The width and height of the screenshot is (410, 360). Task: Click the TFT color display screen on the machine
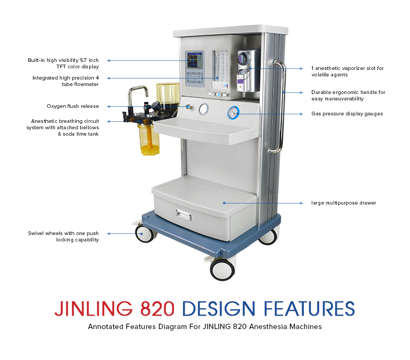(195, 60)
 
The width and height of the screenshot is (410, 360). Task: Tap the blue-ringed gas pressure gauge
(233, 113)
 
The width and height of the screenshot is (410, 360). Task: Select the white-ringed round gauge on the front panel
(204, 109)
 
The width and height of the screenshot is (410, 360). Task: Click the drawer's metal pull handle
(184, 215)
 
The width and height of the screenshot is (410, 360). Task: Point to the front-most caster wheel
(223, 270)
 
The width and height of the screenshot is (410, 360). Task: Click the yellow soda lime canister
(148, 139)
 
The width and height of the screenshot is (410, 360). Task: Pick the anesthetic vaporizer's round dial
(243, 57)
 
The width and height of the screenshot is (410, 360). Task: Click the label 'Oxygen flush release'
(73, 106)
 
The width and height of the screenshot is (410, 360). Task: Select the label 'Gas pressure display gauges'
(347, 114)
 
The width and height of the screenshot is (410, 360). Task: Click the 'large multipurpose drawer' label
(344, 203)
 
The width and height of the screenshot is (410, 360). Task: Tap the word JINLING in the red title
(93, 309)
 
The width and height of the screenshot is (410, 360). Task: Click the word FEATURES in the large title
(309, 309)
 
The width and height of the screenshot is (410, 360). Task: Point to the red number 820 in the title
(157, 309)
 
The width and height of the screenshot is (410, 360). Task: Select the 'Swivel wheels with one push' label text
(64, 233)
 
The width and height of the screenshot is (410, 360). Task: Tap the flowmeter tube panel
(219, 70)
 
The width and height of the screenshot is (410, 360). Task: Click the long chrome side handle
(279, 106)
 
